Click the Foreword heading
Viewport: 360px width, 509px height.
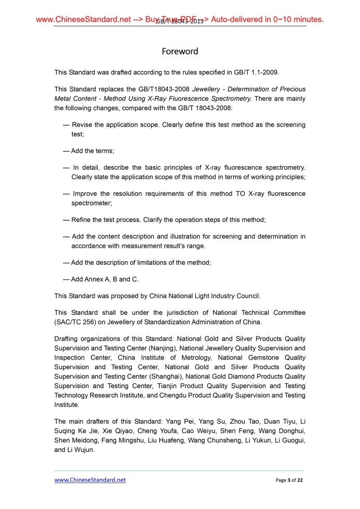(180, 51)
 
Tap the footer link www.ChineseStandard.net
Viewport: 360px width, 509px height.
(90, 480)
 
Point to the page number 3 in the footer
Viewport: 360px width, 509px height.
(288, 480)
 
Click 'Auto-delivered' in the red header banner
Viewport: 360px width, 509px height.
(239, 20)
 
